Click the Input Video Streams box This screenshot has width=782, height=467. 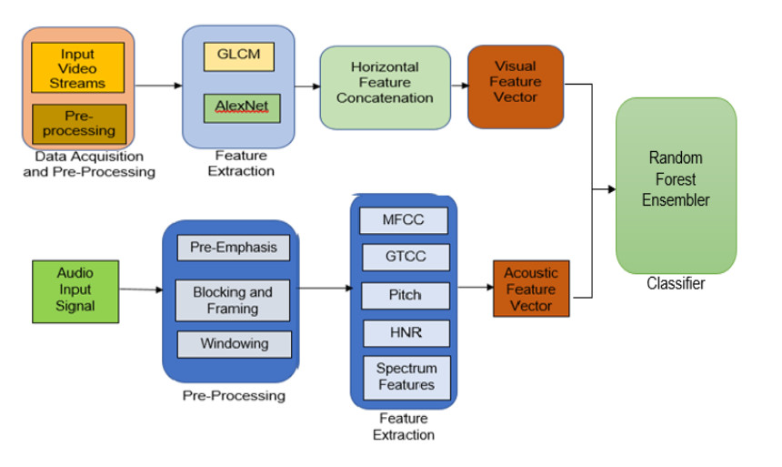coord(78,68)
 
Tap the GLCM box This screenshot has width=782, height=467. coord(239,56)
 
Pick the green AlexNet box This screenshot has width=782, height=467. coord(237,107)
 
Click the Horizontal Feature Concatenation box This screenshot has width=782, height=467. coord(385,83)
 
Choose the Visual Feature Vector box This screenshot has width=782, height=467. coord(515,81)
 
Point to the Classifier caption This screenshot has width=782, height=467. coord(676,284)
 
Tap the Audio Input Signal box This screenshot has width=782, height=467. coord(75,289)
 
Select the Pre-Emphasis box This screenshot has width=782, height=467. coord(234,248)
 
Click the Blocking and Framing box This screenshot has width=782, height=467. coord(233,300)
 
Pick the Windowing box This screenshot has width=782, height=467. coord(234,344)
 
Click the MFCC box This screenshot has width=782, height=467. coord(404,220)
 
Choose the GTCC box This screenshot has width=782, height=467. coord(404,257)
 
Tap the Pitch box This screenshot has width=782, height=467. coord(404,296)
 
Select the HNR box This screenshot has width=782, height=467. coord(404,333)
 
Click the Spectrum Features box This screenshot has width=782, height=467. coord(405,377)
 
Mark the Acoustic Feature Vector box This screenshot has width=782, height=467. coord(531,289)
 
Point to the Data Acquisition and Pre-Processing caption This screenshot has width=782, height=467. coord(89,165)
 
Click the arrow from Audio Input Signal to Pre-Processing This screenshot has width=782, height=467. coord(141,289)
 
